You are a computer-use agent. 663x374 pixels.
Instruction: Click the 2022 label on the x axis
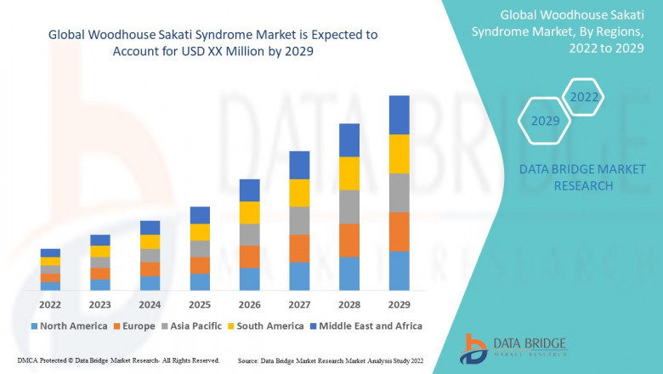(x=50, y=303)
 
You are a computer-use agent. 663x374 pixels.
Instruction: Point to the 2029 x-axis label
(x=399, y=303)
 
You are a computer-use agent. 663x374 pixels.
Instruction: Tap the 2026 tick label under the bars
(x=249, y=303)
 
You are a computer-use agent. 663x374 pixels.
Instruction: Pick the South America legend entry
(x=266, y=326)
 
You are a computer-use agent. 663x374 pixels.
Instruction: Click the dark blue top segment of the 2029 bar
(x=399, y=115)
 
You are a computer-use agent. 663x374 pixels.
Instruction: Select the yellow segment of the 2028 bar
(x=349, y=173)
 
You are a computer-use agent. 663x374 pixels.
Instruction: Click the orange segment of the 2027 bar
(x=299, y=248)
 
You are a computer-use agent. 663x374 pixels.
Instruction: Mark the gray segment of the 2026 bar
(x=249, y=235)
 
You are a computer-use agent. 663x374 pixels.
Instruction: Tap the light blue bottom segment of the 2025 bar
(x=200, y=282)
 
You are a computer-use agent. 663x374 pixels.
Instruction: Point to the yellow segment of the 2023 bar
(x=100, y=251)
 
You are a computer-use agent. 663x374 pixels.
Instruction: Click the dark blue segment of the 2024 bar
(x=150, y=228)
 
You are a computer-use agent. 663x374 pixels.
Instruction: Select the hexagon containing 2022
(x=584, y=97)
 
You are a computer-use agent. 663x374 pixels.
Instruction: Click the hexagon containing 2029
(x=545, y=121)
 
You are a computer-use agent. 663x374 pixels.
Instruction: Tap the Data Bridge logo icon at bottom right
(x=473, y=348)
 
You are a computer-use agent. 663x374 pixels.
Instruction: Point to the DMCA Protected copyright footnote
(x=118, y=360)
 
